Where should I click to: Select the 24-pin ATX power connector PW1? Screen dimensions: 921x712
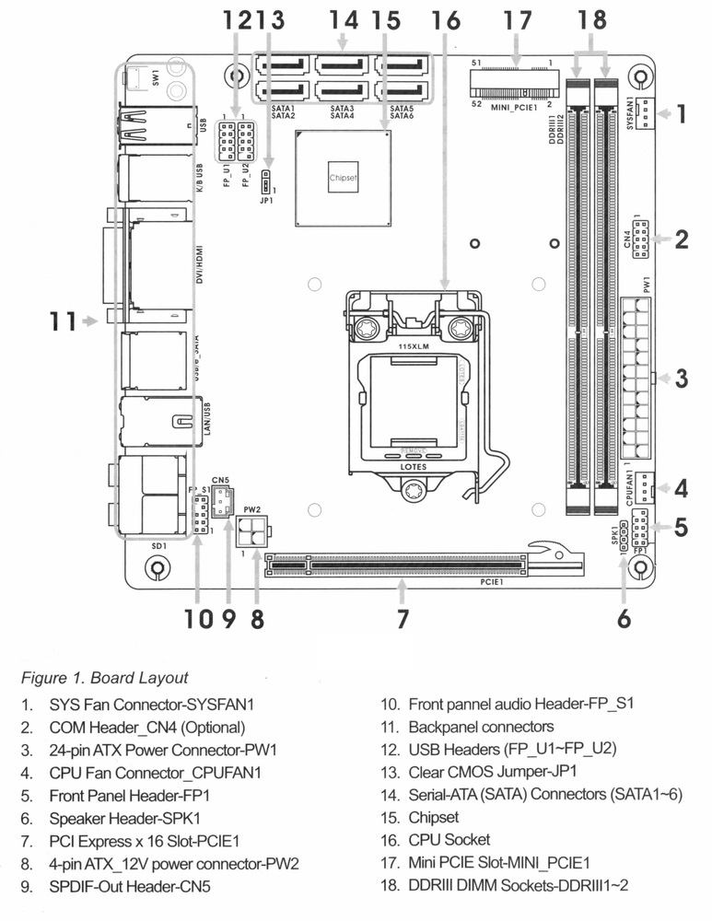(x=636, y=379)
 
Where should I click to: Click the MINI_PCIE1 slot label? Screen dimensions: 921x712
(x=513, y=107)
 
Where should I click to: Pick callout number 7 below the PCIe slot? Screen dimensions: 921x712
(x=403, y=619)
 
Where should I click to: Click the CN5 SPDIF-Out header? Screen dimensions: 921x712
(x=221, y=502)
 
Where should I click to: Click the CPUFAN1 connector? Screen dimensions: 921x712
(x=643, y=487)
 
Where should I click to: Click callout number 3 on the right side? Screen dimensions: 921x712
(x=682, y=379)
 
